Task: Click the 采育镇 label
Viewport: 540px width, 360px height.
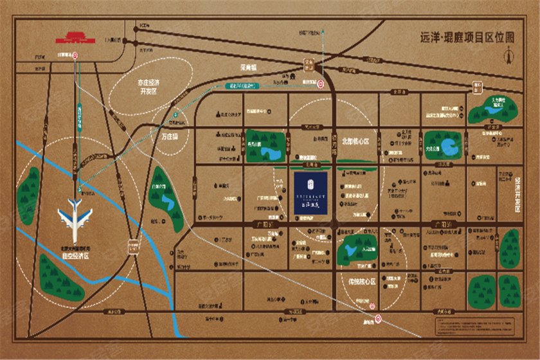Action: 245,67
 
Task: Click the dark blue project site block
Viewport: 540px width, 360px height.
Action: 314,191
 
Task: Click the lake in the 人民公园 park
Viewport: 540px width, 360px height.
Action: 355,247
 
